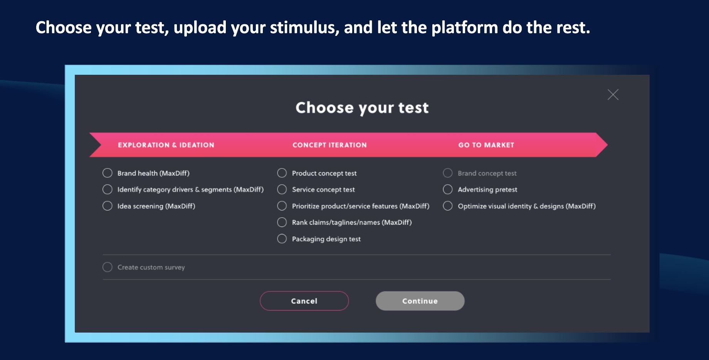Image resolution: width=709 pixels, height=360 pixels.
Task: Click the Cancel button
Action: point(304,301)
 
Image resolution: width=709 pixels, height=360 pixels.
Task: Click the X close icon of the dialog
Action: point(613,94)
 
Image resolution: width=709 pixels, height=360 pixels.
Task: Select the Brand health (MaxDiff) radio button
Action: point(108,173)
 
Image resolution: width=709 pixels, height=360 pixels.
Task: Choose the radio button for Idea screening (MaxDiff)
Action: point(108,206)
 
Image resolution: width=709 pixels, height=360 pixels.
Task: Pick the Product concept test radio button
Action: point(282,173)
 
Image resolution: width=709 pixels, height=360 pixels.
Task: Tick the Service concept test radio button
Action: point(282,190)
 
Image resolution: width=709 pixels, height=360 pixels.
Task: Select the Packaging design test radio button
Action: point(282,239)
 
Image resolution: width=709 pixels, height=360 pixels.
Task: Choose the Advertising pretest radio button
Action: point(448,190)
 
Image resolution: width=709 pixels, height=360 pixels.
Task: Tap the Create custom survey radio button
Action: point(108,267)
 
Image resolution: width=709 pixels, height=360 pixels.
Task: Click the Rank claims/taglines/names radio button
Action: point(282,222)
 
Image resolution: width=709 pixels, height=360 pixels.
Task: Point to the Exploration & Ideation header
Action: point(166,145)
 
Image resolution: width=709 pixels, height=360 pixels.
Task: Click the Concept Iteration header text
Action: point(329,145)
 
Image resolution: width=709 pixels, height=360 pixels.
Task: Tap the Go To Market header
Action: point(486,145)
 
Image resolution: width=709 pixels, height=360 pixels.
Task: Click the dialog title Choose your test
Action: point(362,108)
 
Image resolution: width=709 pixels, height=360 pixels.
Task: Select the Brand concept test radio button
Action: point(448,173)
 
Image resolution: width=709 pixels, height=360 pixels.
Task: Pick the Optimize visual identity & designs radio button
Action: point(448,206)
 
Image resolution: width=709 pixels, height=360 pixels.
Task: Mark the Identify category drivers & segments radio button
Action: point(108,190)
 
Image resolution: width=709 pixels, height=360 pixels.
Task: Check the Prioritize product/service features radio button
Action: point(282,206)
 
